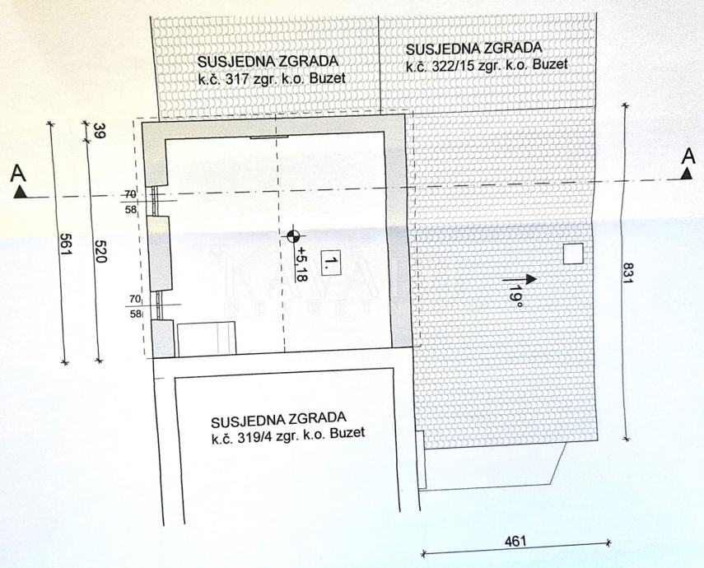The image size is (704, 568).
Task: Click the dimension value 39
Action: pos(100,131)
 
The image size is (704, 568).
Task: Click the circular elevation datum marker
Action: pos(292,238)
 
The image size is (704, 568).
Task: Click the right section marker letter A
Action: pos(688,154)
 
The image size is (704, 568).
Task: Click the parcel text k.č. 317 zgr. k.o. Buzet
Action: pos(271,79)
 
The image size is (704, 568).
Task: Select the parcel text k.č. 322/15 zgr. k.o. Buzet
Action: pos(487,63)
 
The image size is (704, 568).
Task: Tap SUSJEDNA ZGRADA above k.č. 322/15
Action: pos(473,48)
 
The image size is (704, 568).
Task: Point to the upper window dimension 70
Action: pos(130,194)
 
